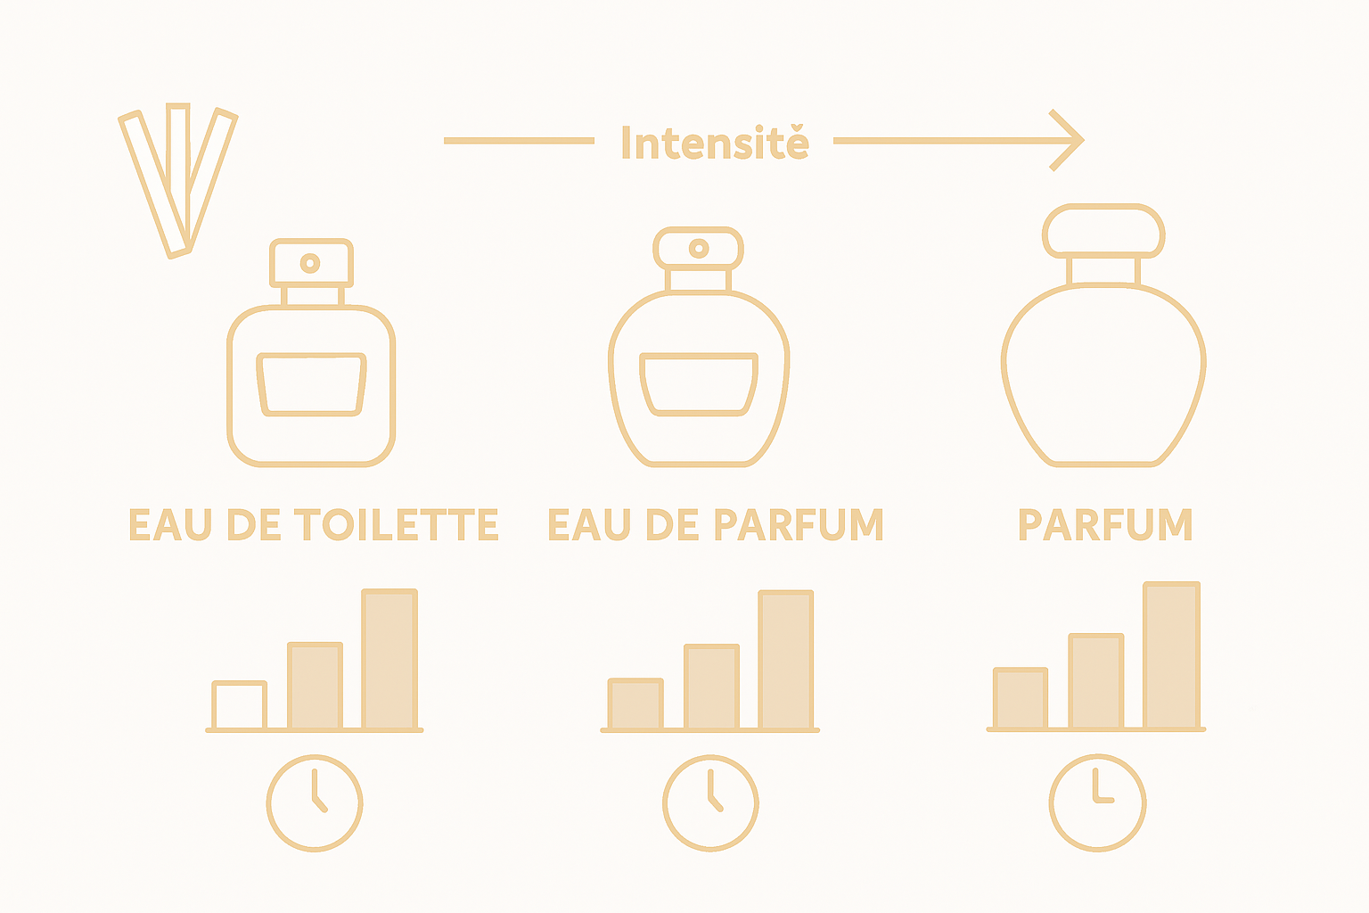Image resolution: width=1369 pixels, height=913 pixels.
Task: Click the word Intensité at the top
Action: (x=715, y=143)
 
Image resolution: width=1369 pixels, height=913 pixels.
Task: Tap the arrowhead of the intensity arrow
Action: (x=1070, y=140)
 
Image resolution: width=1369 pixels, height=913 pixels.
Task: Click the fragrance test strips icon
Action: (x=178, y=182)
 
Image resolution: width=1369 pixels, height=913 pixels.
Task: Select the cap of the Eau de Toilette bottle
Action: (x=311, y=262)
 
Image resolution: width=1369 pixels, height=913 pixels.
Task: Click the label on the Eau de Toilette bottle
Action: (x=311, y=385)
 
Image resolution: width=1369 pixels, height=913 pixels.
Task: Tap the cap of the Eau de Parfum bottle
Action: (x=699, y=247)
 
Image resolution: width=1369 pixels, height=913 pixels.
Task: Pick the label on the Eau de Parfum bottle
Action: (x=699, y=384)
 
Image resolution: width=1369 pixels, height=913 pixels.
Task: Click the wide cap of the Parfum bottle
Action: (x=1103, y=231)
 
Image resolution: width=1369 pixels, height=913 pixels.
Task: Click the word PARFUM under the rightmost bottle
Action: (x=1105, y=524)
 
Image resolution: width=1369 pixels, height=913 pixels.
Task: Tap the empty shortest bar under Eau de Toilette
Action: (x=239, y=705)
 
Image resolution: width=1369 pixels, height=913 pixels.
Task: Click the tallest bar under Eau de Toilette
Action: (x=389, y=659)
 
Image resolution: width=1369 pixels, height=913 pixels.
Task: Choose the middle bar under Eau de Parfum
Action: (x=711, y=687)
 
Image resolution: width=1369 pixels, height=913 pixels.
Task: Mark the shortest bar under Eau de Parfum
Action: (x=635, y=703)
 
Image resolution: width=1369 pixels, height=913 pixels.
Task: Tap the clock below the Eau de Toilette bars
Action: (x=315, y=802)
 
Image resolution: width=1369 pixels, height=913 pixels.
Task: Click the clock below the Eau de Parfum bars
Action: (x=710, y=802)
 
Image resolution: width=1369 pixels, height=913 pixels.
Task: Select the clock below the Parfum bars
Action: (x=1097, y=802)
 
